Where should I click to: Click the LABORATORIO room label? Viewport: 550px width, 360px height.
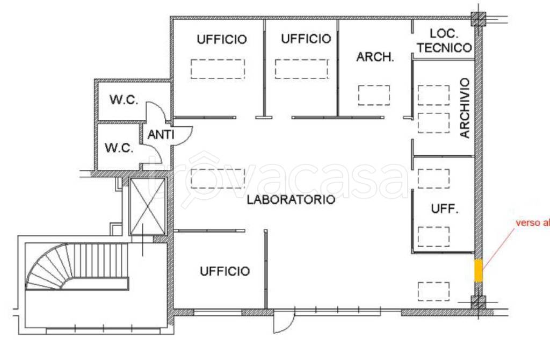point(291,200)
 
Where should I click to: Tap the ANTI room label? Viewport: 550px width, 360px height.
point(161,135)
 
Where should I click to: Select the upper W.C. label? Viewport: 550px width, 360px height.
point(124,100)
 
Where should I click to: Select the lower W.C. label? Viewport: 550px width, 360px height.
point(119,148)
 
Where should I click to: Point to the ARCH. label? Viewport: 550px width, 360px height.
point(375,57)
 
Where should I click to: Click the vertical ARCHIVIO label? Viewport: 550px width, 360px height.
point(465,108)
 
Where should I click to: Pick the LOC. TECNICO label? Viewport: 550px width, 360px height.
point(444,41)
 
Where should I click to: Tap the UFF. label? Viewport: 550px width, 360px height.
point(445,210)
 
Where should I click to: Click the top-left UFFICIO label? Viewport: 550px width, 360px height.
point(221,39)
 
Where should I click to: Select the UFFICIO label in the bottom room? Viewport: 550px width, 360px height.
point(225,271)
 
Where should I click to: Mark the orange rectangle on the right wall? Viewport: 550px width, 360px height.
point(478,270)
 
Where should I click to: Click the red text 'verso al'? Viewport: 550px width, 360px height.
point(532,222)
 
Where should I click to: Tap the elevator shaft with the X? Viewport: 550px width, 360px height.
point(146,206)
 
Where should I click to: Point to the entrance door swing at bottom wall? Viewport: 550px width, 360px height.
point(283,322)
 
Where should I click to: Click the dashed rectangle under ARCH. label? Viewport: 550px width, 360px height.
point(374,95)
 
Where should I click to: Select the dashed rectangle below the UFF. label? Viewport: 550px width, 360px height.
point(433,236)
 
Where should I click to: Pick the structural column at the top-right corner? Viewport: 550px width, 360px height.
point(477,19)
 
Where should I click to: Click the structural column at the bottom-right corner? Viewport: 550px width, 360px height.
point(477,302)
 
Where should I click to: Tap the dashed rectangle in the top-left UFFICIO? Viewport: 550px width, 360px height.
point(218,69)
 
